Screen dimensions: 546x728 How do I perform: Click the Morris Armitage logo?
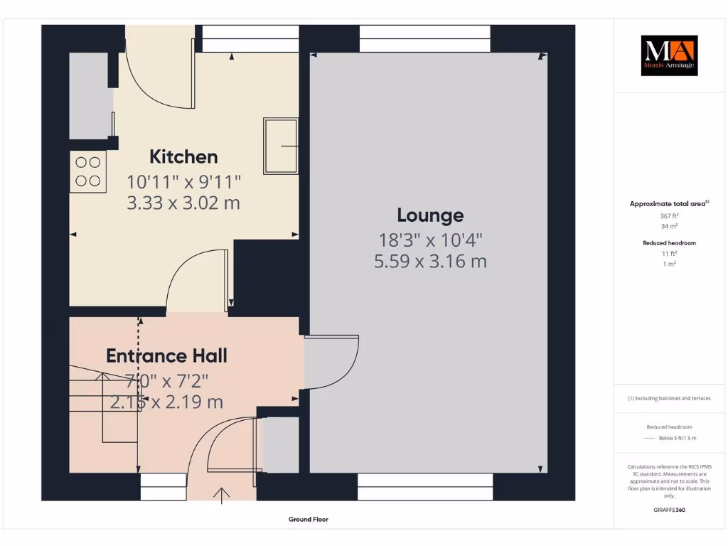tap(669, 56)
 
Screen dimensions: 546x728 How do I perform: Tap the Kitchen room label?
tap(183, 156)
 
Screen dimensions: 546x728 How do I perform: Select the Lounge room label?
tap(430, 215)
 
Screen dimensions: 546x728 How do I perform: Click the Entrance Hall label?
tap(166, 355)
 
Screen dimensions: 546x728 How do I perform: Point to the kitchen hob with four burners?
tap(87, 171)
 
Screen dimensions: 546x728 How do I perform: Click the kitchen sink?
tap(281, 146)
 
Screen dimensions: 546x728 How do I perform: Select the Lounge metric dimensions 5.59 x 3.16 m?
tap(430, 262)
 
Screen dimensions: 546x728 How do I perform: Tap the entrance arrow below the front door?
tap(223, 495)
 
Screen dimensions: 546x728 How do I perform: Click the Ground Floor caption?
tap(309, 520)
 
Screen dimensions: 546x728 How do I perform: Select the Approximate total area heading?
tap(668, 204)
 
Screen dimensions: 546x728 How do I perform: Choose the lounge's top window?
tap(424, 38)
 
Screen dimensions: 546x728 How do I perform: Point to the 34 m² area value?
tap(668, 226)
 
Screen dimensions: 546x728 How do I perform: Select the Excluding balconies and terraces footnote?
tap(668, 399)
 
